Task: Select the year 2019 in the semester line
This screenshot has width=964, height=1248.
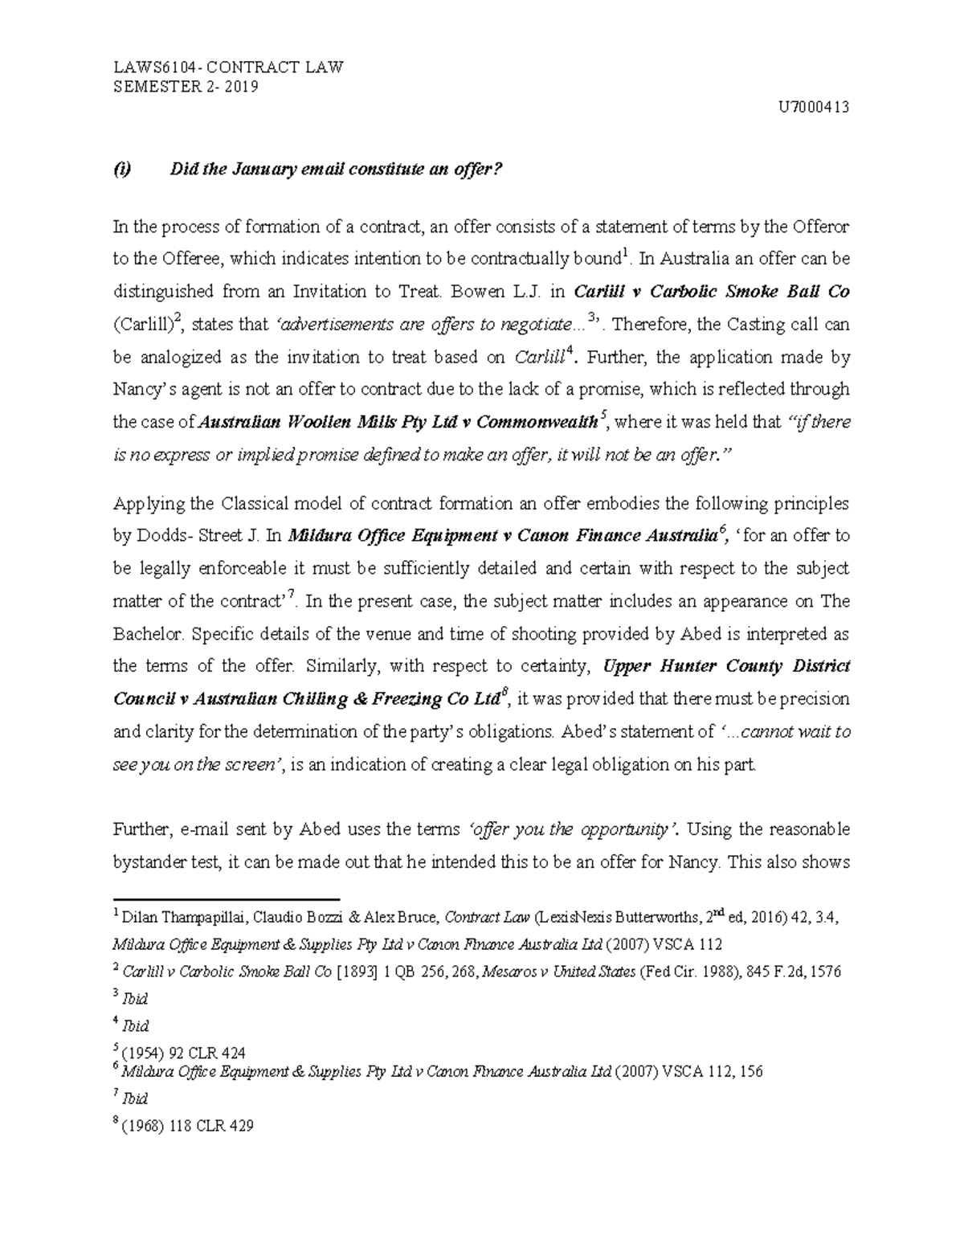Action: pos(241,88)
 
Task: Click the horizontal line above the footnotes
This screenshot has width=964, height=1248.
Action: pos(227,900)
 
